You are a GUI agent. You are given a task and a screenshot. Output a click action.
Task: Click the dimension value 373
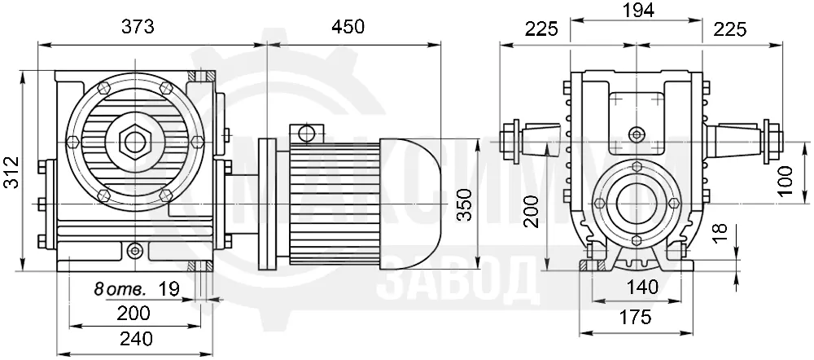point(138,27)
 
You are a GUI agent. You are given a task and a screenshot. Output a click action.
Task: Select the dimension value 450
point(348,27)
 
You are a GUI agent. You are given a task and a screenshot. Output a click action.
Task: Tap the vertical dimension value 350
point(465,204)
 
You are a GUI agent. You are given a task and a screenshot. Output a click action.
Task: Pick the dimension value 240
point(136,339)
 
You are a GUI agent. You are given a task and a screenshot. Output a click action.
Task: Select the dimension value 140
point(641,286)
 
